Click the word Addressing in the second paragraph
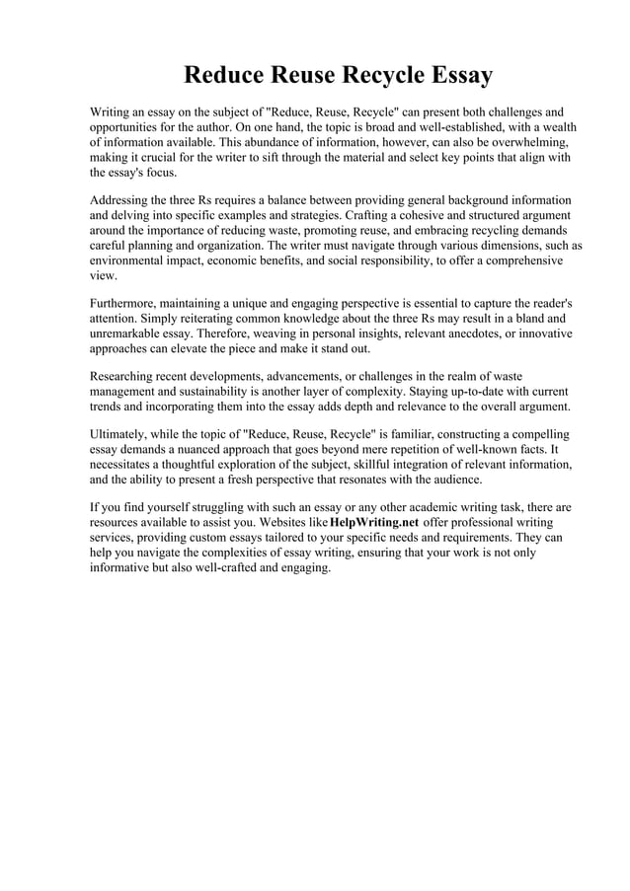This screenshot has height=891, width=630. pos(122,200)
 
